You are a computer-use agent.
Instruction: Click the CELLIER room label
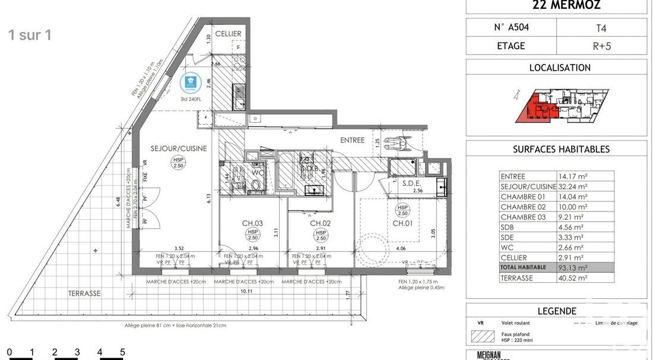(x=227, y=34)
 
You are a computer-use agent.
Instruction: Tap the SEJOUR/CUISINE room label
(x=178, y=149)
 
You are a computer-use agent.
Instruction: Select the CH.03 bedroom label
(x=252, y=224)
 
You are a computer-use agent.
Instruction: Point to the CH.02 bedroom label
(x=320, y=223)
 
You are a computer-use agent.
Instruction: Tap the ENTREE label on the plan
(x=352, y=140)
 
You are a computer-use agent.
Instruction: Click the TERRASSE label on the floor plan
(x=84, y=293)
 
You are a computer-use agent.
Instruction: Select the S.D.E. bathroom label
(x=411, y=184)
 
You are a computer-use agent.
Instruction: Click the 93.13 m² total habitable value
(x=572, y=267)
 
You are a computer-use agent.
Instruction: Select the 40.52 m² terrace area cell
(x=572, y=277)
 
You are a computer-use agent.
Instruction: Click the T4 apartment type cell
(x=601, y=27)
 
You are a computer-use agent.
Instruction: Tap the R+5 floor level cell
(x=601, y=45)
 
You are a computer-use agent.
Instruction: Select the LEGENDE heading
(x=556, y=311)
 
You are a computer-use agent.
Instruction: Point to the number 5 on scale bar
(x=122, y=352)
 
